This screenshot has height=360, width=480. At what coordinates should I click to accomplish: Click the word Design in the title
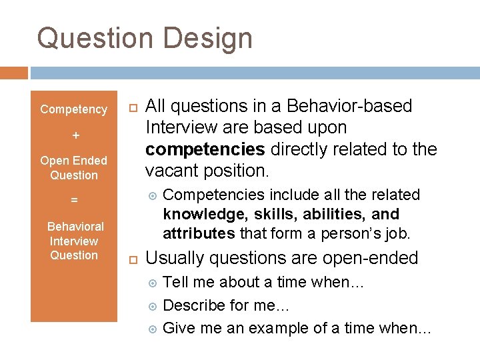click(207, 38)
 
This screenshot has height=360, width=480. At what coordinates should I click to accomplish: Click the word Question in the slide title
click(95, 38)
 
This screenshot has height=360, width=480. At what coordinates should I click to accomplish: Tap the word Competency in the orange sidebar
click(73, 109)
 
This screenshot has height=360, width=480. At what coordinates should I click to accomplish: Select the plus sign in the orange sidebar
click(75, 135)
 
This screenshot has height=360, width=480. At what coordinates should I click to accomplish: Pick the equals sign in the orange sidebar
click(75, 199)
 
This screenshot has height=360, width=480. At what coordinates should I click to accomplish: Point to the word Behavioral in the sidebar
click(76, 227)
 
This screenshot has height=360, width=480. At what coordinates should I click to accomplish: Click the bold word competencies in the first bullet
click(203, 149)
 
